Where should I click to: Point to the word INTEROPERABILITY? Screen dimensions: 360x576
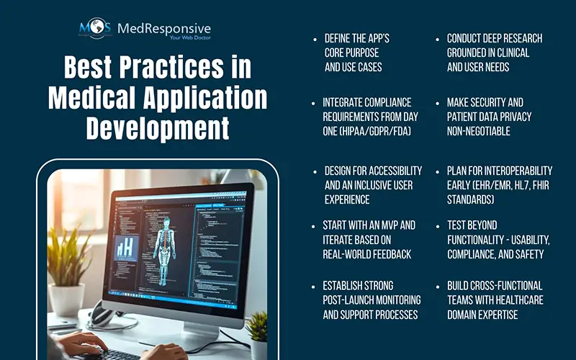516,171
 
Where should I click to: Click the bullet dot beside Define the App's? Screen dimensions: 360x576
314,39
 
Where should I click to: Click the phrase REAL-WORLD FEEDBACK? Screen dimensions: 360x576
369,254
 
